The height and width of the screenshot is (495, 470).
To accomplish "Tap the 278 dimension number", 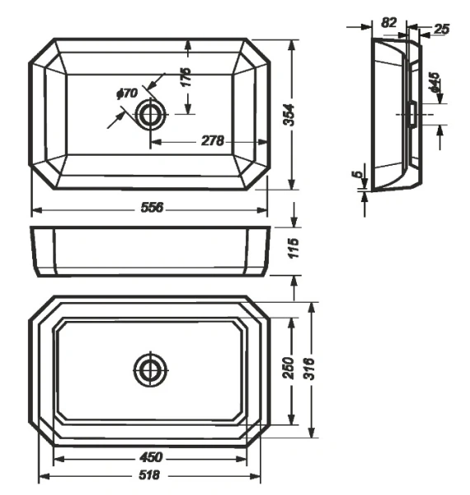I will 213,141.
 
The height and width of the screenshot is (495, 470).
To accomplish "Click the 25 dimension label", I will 441,29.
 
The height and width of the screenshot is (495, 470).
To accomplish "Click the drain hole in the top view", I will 150,115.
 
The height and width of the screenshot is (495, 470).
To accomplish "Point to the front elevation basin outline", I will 150,251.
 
